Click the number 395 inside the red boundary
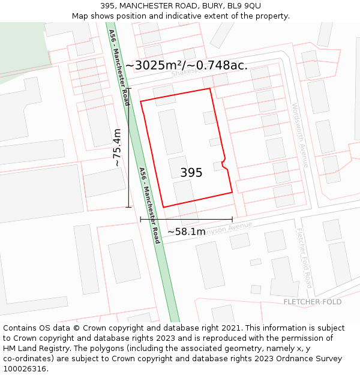[x=191, y=173]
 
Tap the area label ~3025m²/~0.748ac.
[x=186, y=65]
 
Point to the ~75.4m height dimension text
[x=117, y=148]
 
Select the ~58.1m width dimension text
[x=186, y=232]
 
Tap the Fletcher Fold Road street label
[x=304, y=258]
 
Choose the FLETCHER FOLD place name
[x=313, y=302]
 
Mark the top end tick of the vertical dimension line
[x=128, y=88]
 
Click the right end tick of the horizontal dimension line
[x=232, y=220]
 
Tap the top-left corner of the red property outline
[x=141, y=101]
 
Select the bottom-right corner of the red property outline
[x=232, y=193]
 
